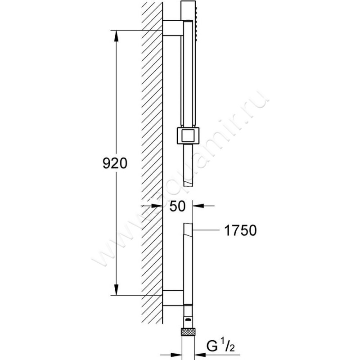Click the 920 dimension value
(x=115, y=163)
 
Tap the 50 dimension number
(x=177, y=206)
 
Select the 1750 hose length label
(x=240, y=230)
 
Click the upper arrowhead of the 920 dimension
(x=117, y=36)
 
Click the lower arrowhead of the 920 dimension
(x=117, y=289)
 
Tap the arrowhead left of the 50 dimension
(x=157, y=206)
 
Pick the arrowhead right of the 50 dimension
(x=198, y=206)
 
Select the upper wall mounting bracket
(x=173, y=28)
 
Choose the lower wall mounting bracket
(x=173, y=298)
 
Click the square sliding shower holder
(x=188, y=135)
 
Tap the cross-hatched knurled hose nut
(x=188, y=332)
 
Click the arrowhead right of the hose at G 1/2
(x=200, y=355)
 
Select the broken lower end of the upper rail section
(x=188, y=184)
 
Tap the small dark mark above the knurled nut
(x=188, y=319)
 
